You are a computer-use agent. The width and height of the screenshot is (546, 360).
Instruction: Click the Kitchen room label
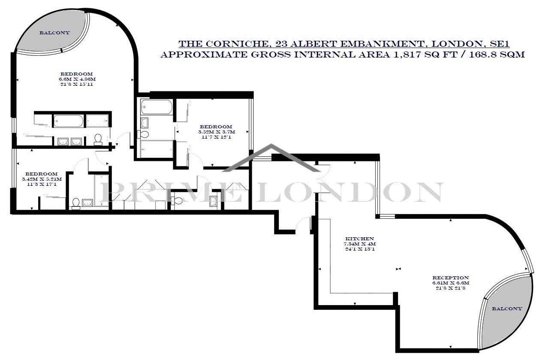click(x=360, y=239)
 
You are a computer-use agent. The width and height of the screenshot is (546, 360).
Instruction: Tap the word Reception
click(x=450, y=278)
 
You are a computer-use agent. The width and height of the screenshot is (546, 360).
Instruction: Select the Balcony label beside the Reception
click(x=507, y=309)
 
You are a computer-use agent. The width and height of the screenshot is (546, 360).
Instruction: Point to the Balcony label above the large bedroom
click(x=55, y=33)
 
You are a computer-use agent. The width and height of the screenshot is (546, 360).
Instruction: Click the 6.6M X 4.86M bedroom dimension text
click(x=77, y=79)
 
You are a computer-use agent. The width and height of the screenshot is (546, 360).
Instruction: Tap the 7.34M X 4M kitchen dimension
click(x=360, y=244)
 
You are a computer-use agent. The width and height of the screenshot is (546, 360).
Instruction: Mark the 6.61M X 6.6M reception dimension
click(x=450, y=283)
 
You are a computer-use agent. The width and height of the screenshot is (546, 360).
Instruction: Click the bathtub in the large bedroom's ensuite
click(x=68, y=121)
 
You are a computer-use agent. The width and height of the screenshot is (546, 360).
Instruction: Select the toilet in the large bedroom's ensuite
click(x=98, y=139)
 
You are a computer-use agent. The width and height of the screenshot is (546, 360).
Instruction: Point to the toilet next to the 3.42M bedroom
click(x=76, y=203)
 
